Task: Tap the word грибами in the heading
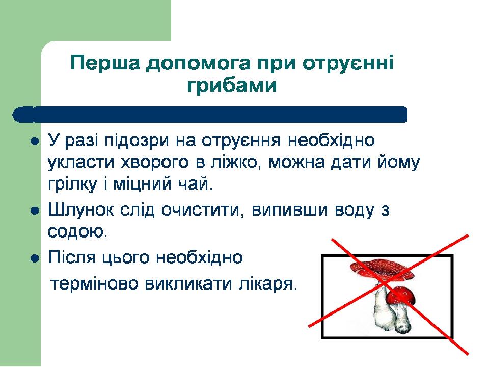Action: (x=232, y=85)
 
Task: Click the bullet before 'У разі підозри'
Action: (x=35, y=142)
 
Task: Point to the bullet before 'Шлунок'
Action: (x=35, y=211)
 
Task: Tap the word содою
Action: (x=77, y=231)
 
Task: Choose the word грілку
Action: (x=72, y=185)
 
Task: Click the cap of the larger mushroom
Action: (x=381, y=269)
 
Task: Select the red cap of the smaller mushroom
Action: (x=401, y=295)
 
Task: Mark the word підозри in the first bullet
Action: (x=137, y=141)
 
